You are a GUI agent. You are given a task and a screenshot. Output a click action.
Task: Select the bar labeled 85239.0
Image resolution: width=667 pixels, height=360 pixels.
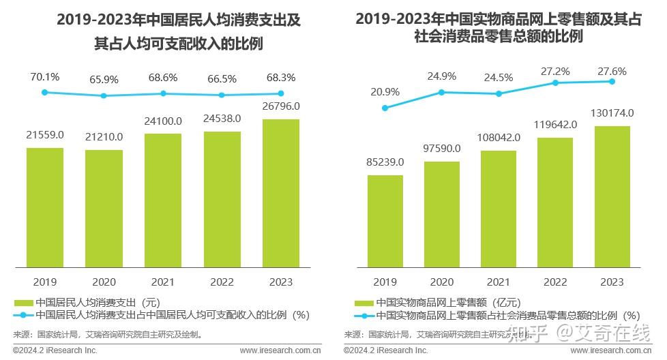tap(385, 221)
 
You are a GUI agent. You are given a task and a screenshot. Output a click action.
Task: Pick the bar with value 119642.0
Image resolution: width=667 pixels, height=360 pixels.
tap(555, 202)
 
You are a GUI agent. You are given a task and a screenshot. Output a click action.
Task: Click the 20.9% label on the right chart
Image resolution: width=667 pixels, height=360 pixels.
tap(385, 92)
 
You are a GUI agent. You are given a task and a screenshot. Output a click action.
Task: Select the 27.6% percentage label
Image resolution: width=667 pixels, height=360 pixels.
tap(612, 71)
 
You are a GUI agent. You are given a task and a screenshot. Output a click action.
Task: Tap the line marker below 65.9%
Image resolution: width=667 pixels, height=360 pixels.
tap(104, 95)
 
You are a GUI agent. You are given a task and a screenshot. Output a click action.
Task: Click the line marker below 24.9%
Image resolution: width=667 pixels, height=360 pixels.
tap(442, 92)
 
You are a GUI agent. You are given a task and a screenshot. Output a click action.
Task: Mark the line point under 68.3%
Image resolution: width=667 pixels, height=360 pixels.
tap(280, 93)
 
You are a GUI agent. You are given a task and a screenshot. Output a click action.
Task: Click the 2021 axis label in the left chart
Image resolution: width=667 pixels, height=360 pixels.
tap(163, 282)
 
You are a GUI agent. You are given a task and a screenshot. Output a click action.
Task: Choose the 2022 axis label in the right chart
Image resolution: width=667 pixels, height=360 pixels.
tap(555, 282)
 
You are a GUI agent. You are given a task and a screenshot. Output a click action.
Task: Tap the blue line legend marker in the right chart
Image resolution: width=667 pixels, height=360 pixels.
tap(364, 316)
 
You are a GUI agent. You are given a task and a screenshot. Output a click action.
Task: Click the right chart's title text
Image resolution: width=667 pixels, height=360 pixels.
tap(499, 28)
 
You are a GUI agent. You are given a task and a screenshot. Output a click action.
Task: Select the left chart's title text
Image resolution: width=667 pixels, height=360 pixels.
tap(178, 32)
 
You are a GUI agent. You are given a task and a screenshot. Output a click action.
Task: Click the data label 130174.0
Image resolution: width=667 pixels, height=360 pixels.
tap(612, 112)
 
